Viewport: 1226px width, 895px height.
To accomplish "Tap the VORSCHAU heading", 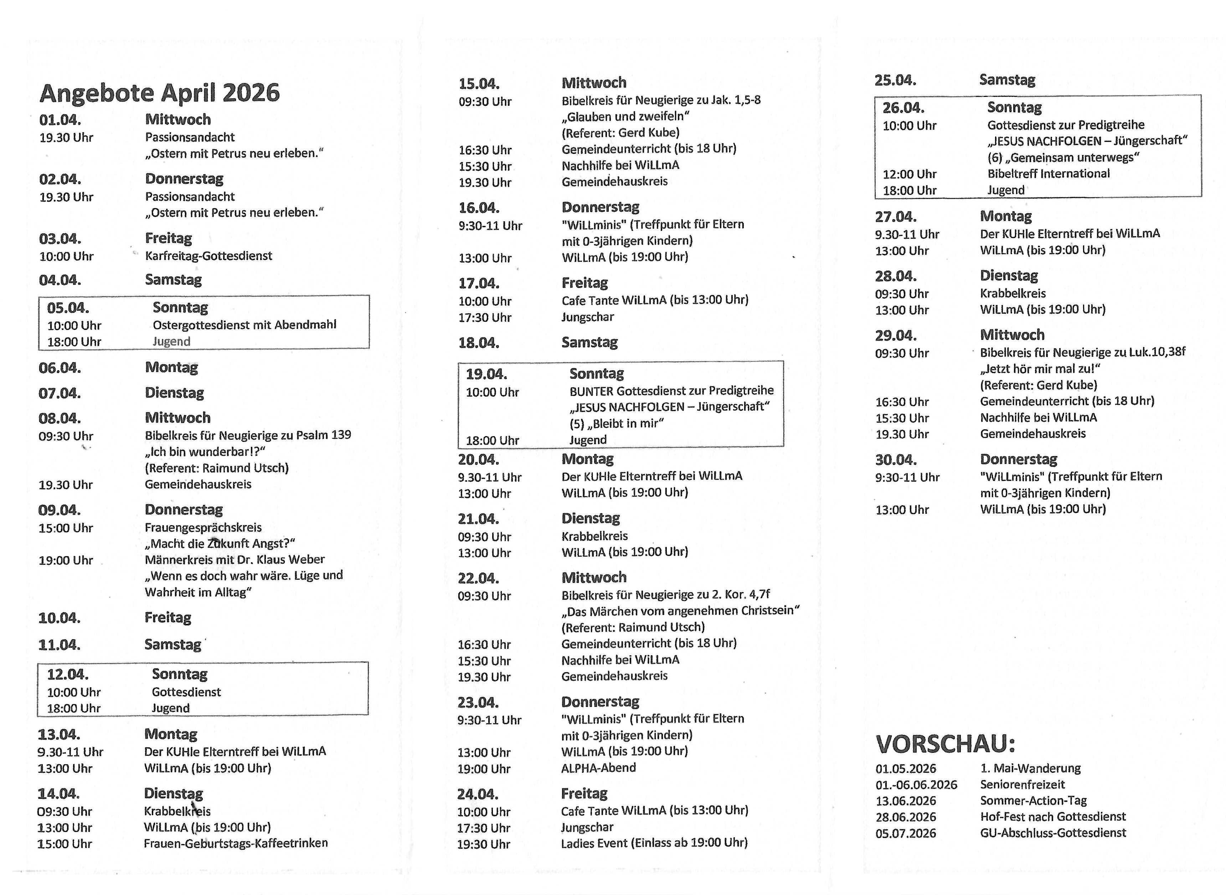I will pyautogui.click(x=945, y=744).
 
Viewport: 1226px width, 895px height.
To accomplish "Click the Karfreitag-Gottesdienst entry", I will pyautogui.click(x=208, y=256).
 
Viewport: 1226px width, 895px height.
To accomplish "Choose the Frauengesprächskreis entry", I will pyautogui.click(x=203, y=527).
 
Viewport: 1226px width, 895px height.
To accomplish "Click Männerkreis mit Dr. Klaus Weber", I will pyautogui.click(x=234, y=559).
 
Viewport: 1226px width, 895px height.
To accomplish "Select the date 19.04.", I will pyautogui.click(x=486, y=374).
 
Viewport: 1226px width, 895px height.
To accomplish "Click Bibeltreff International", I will pyautogui.click(x=1048, y=174).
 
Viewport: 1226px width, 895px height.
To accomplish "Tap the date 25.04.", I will pyautogui.click(x=895, y=80).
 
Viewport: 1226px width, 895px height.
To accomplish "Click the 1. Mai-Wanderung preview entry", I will pyautogui.click(x=1030, y=768).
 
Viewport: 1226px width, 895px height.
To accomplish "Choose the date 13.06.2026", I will pyautogui.click(x=905, y=801).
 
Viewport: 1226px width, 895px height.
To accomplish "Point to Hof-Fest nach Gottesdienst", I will pyautogui.click(x=1052, y=817).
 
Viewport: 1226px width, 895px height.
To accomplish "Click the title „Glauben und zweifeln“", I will pyautogui.click(x=625, y=117).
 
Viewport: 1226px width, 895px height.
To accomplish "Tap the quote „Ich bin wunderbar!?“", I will pyautogui.click(x=204, y=451).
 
